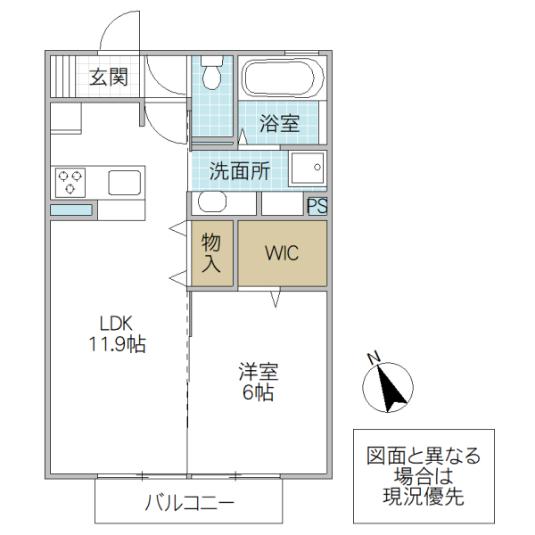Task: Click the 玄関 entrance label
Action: pos(108,78)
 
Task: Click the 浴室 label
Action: pos(279,124)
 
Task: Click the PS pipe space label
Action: pos(317,205)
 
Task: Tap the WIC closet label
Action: pos(282,252)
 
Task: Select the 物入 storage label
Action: pos(211,252)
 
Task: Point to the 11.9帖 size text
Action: pos(117,345)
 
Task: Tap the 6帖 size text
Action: pos(259,392)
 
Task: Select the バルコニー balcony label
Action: pos(190,504)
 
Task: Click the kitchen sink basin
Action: pos(124,183)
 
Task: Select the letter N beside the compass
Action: pos(374,358)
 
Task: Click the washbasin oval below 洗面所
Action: pos(212,202)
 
